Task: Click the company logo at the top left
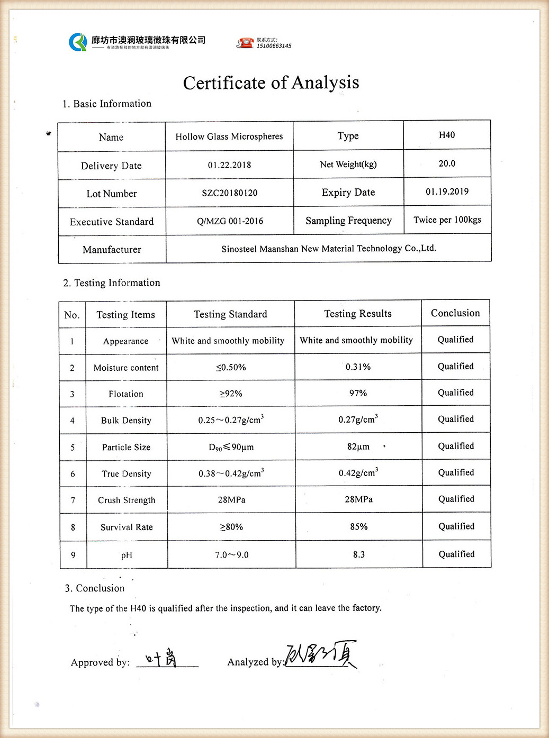coord(78,42)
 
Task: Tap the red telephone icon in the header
coord(245,43)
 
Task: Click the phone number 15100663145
coord(274,46)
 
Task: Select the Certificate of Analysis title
coord(271,83)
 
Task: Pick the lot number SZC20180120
coord(230,193)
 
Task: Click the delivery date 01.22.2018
coord(229,165)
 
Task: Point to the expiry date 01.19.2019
coord(447,192)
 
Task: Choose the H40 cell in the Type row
coord(447,135)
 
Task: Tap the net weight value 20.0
coord(447,163)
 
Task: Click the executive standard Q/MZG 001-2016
coord(230,221)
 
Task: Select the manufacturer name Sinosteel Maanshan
coord(329,249)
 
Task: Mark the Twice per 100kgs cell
coord(447,220)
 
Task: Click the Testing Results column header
coord(358,314)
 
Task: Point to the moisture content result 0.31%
coord(358,367)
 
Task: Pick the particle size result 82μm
coord(358,447)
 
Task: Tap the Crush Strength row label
coord(127,500)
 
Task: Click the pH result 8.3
coord(359,554)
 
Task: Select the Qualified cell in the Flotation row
coord(456,393)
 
